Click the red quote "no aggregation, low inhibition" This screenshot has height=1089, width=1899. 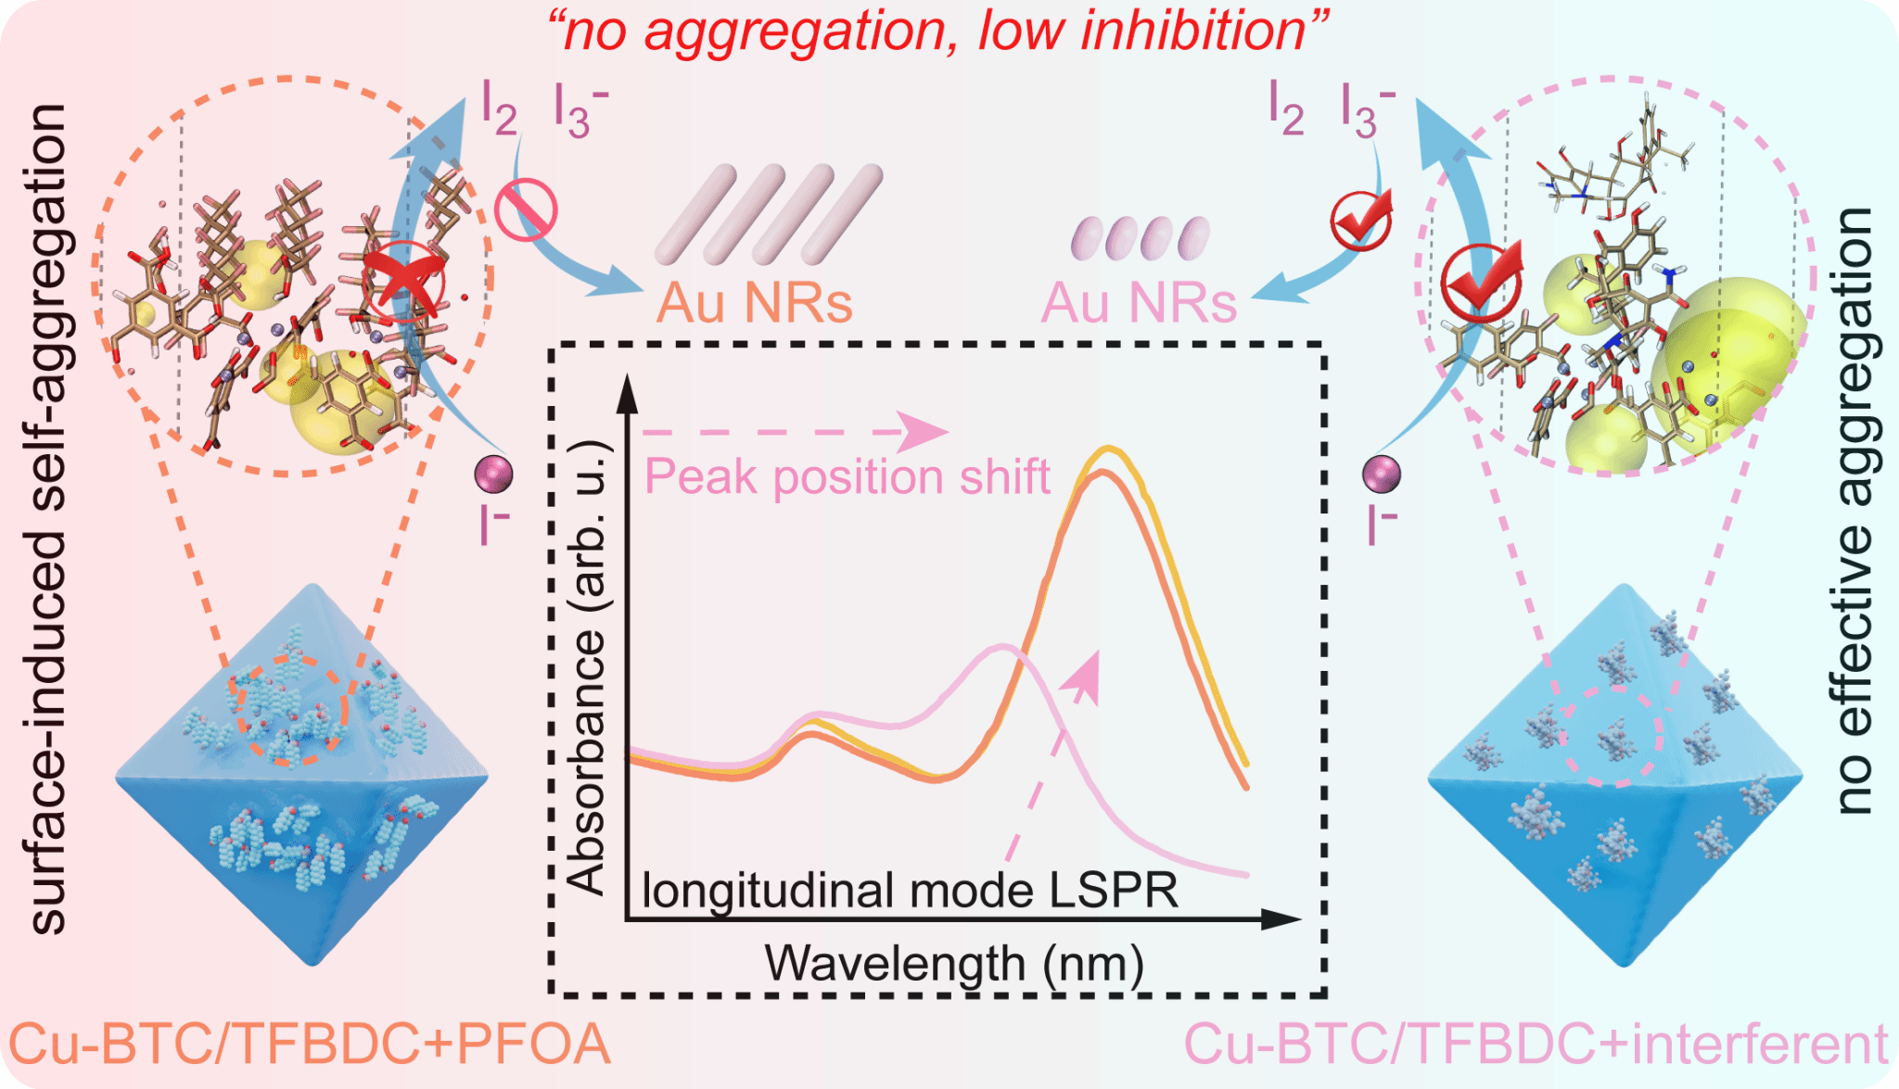pyautogui.click(x=937, y=32)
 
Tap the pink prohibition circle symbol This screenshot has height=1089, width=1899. pyautogui.click(x=525, y=210)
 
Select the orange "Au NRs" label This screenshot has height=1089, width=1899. pyautogui.click(x=754, y=303)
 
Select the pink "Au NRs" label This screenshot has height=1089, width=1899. pyautogui.click(x=1139, y=303)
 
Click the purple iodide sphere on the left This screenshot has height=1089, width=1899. pyautogui.click(x=493, y=474)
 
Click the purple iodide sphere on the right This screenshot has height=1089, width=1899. pyautogui.click(x=1382, y=474)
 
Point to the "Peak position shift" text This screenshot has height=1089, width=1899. pyautogui.click(x=847, y=477)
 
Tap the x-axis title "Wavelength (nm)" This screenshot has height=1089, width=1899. pyautogui.click(x=953, y=964)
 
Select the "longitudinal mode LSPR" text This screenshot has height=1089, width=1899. pyautogui.click(x=910, y=891)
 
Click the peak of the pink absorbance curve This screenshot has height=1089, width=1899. pyautogui.click(x=1002, y=646)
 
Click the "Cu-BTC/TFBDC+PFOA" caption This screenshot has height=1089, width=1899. pyautogui.click(x=310, y=1045)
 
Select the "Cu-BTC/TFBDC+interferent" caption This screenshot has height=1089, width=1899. pyautogui.click(x=1536, y=1045)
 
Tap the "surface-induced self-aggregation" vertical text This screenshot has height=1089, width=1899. pyautogui.click(x=48, y=519)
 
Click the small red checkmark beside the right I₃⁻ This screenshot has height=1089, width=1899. pyautogui.click(x=1361, y=220)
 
